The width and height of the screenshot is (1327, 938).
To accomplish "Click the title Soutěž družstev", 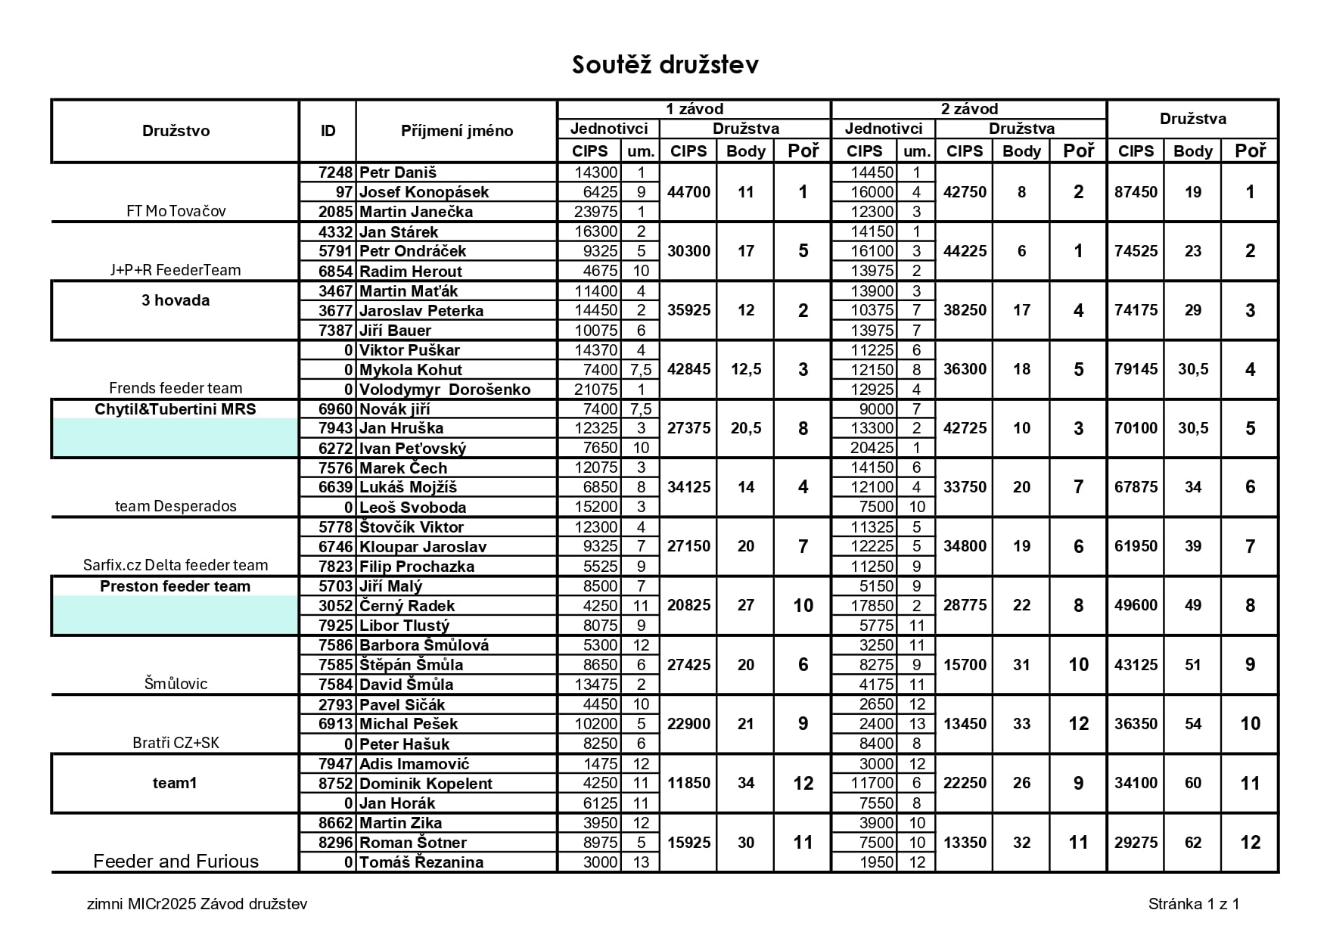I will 665,65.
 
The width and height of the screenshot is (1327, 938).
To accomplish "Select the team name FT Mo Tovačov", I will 176,211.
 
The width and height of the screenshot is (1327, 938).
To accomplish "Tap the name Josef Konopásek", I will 424,192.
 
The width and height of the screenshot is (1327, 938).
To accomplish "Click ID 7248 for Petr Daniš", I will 335,172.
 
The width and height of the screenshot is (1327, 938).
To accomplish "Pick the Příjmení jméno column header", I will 456,131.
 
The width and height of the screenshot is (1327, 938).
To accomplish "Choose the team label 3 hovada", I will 176,300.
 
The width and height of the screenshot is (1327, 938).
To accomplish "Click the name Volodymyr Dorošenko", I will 445,390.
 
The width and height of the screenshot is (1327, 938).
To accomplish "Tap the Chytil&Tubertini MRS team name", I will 176,409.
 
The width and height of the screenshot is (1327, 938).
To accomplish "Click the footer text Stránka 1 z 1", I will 1193,903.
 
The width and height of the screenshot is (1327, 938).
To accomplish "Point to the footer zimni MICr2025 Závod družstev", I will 197,904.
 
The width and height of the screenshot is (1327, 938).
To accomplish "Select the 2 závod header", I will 968,109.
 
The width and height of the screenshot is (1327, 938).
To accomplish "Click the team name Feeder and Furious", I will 176,861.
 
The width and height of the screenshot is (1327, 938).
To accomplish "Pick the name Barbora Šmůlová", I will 424,645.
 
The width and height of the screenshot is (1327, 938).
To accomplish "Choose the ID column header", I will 328,131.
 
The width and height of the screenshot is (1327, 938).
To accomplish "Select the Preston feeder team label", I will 176,586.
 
